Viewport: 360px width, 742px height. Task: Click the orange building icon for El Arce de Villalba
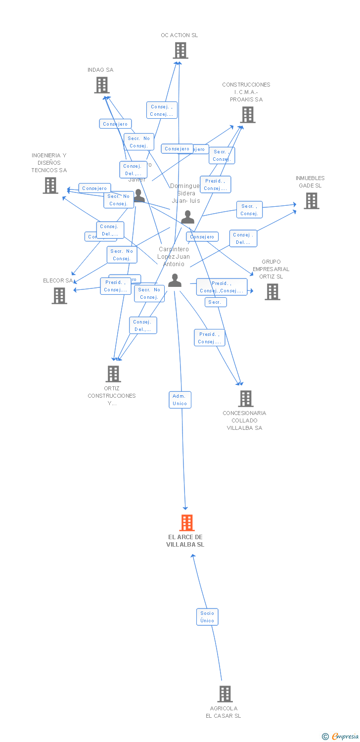coord(186,522)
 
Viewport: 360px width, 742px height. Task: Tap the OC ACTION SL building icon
coord(180,50)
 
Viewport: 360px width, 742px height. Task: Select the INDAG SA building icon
coord(101,85)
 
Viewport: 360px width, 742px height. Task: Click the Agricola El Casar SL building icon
coord(225,694)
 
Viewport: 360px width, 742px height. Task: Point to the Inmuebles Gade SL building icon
coord(311,201)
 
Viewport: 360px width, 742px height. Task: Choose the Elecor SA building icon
coord(59,296)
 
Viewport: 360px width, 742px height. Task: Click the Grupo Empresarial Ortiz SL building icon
coord(272,292)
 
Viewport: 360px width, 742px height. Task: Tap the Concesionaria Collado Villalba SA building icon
coord(245,398)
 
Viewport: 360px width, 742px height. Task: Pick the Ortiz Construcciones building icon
coord(113,374)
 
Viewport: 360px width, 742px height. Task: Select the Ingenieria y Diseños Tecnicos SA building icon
coord(50,185)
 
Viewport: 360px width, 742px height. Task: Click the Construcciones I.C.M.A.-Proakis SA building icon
coord(247,115)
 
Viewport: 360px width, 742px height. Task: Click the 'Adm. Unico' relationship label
coord(180,400)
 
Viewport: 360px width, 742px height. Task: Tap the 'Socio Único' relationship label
coord(207,617)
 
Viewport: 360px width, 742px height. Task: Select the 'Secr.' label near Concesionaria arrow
coord(215,302)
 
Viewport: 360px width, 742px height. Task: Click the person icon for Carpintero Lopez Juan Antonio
coord(175,280)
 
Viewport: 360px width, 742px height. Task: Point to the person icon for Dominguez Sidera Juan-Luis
coord(187,217)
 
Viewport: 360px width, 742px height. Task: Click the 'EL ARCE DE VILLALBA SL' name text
coord(185,541)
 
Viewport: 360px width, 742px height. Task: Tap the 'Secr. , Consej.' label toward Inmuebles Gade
coord(249,210)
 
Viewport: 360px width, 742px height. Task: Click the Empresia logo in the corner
coord(341,736)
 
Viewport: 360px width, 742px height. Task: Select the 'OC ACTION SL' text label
coord(179,36)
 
